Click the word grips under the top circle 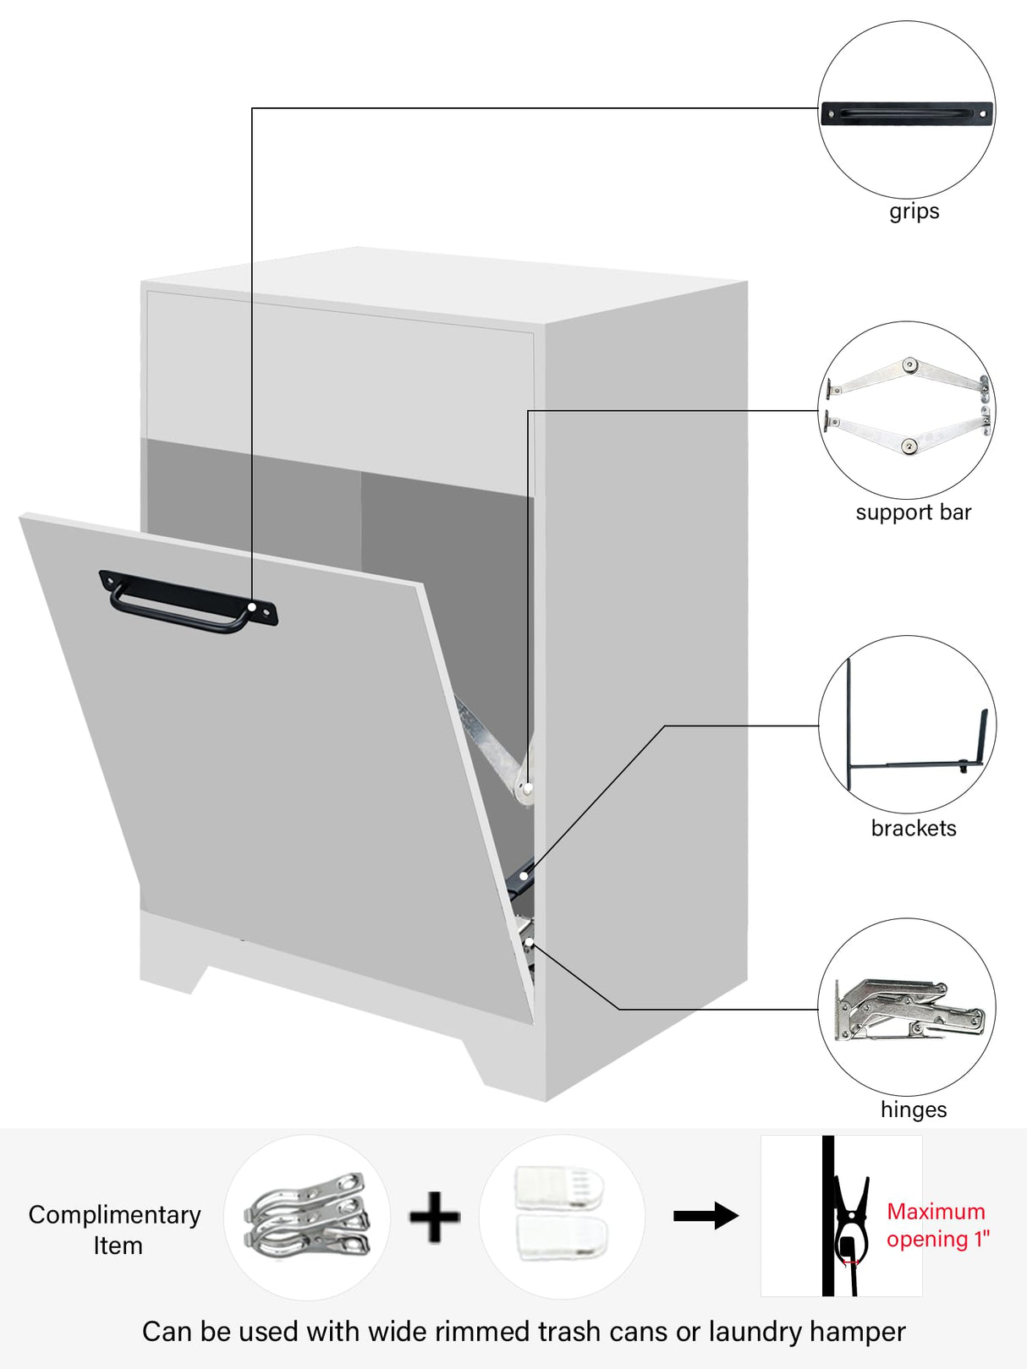point(914,211)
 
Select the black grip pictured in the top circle point(906,113)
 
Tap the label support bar point(913,512)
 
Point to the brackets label point(914,828)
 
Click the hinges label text point(914,1109)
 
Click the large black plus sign point(435,1217)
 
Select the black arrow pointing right point(706,1216)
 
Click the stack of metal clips point(306,1216)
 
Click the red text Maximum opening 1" point(936,1225)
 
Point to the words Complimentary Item point(115,1229)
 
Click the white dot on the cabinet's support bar point(528,789)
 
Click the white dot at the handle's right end point(252,608)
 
